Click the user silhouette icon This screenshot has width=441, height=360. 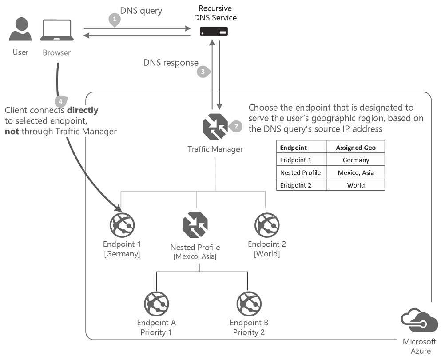(x=20, y=29)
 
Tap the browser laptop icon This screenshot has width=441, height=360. (x=57, y=30)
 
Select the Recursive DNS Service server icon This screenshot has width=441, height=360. (x=214, y=31)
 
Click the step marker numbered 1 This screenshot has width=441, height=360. (x=115, y=20)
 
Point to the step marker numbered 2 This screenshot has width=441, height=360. (x=236, y=126)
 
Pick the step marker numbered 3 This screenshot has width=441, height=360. (x=203, y=72)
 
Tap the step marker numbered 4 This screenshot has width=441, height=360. (x=61, y=101)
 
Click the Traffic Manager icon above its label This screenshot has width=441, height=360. (x=215, y=126)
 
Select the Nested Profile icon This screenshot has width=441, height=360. (x=195, y=224)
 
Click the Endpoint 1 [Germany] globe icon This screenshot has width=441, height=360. (x=122, y=225)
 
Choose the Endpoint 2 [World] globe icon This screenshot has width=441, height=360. (x=267, y=225)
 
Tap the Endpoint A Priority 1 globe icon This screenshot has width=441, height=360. (x=156, y=304)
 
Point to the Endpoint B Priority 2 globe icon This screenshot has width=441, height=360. (x=249, y=304)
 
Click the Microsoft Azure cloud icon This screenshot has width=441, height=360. (x=419, y=320)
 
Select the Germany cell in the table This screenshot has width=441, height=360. (x=356, y=160)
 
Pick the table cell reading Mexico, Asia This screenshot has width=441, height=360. (x=356, y=172)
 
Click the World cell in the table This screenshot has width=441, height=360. (x=356, y=185)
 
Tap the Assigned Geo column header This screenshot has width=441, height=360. (x=356, y=148)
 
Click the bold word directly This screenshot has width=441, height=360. (x=83, y=110)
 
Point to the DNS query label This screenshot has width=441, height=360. (x=141, y=11)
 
